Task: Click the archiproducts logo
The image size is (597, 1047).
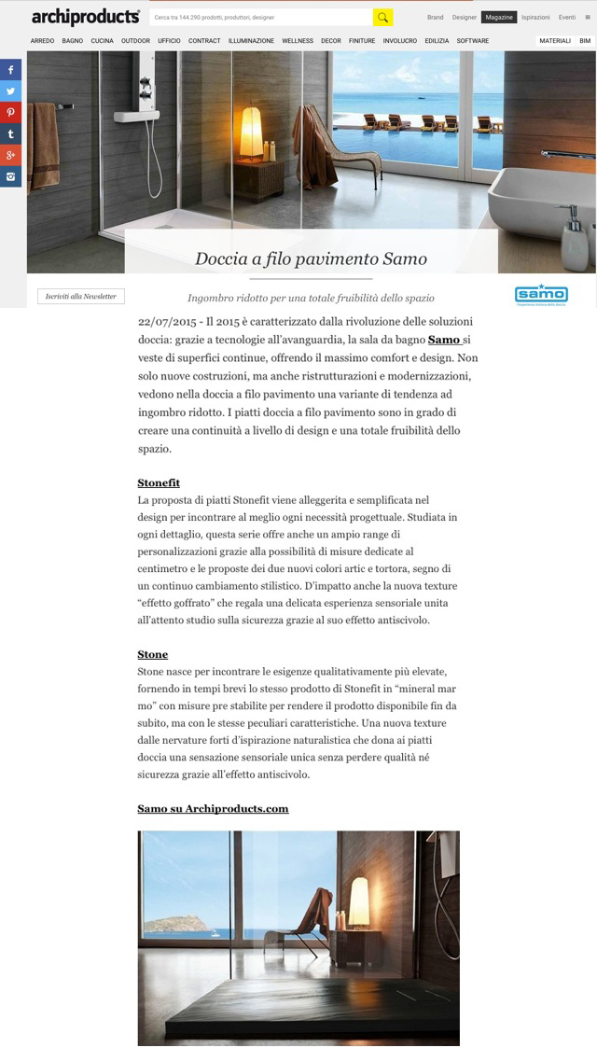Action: pos(86,17)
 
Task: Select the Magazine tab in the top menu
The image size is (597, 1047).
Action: pos(499,18)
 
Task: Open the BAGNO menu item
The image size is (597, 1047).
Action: pos(73,41)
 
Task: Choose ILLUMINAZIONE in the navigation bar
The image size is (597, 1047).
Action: pos(251,41)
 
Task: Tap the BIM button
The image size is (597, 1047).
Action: pos(584,41)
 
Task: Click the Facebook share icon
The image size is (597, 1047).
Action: pos(11,70)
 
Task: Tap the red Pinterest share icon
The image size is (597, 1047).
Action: pos(11,112)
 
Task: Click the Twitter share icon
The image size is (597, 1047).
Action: pos(11,91)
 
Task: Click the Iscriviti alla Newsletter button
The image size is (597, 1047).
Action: pos(81,296)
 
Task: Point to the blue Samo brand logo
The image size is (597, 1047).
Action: pos(541,295)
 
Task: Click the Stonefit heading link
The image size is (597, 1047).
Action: pos(159,482)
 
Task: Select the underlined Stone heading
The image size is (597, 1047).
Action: pos(152,654)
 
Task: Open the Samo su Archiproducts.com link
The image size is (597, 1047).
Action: pos(213,808)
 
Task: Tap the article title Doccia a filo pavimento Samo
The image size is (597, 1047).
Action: pos(311,258)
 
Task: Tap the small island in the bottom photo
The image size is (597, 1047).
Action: pos(172,925)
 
